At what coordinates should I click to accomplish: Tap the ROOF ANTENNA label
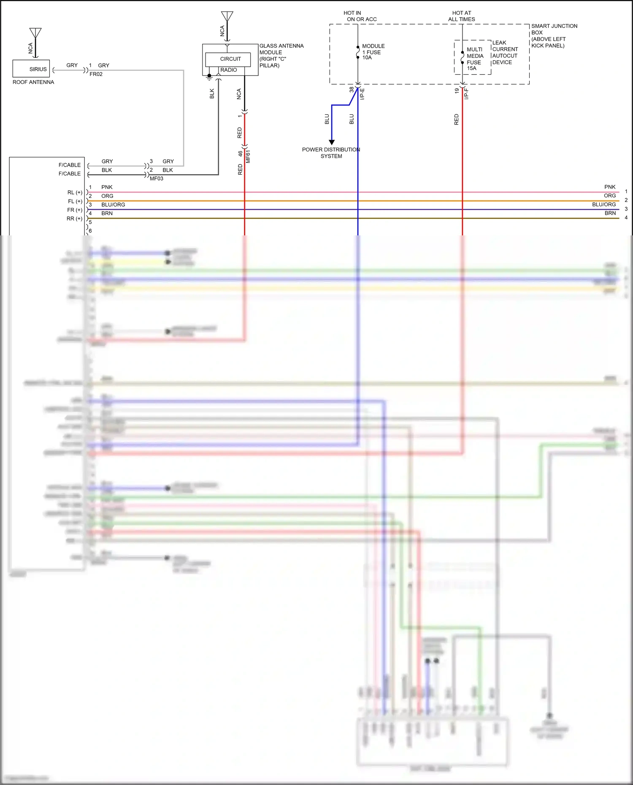point(33,82)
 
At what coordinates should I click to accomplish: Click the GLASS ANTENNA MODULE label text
point(281,55)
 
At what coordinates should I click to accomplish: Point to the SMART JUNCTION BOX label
point(554,35)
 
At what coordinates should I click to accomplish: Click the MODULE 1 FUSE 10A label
point(373,52)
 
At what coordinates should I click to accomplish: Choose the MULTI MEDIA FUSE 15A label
point(475,59)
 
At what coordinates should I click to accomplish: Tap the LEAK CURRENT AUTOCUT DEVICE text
point(505,52)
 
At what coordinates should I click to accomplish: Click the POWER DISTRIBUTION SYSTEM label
point(331,153)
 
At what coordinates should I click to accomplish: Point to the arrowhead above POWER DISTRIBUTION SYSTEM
point(332,142)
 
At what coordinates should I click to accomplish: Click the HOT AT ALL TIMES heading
point(461,16)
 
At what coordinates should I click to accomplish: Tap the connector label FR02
point(96,74)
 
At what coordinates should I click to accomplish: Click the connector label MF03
point(157,179)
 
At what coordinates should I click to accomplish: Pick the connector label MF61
point(248,156)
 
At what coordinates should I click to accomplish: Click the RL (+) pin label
point(75,192)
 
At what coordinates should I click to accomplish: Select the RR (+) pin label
point(74,219)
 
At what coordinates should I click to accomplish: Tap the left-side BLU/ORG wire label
point(113,205)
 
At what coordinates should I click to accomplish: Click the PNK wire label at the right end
point(610,187)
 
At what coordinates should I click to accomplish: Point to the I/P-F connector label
point(466,94)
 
